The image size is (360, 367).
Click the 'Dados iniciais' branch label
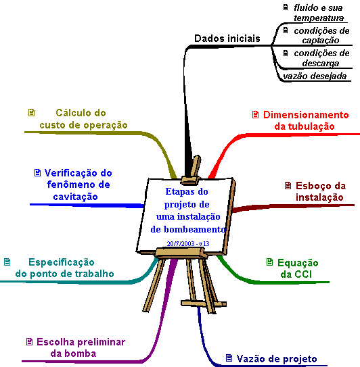point(227,39)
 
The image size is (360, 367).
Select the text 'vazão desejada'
point(315,76)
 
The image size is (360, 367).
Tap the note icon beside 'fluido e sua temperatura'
point(286,7)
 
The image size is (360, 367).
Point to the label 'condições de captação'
point(321,35)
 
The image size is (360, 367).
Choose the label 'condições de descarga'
point(321,58)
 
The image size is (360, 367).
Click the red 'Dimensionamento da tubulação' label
point(306,120)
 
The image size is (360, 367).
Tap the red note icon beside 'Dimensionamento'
point(256,114)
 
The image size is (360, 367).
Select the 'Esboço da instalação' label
point(320,191)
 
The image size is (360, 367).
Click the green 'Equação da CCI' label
point(298,268)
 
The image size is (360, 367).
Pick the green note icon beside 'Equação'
point(270,262)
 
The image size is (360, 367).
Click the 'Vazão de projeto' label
point(277,359)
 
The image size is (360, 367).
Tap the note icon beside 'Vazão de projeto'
point(229,358)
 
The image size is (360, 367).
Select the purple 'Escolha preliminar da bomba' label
point(81,347)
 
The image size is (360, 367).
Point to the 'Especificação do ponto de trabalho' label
point(64,268)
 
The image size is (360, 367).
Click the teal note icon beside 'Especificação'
point(7,262)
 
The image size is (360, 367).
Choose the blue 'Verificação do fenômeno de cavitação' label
point(78,185)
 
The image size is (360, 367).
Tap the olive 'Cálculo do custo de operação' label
point(83,119)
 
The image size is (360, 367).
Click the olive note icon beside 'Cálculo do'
point(31,113)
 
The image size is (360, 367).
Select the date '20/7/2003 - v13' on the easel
point(188,243)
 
